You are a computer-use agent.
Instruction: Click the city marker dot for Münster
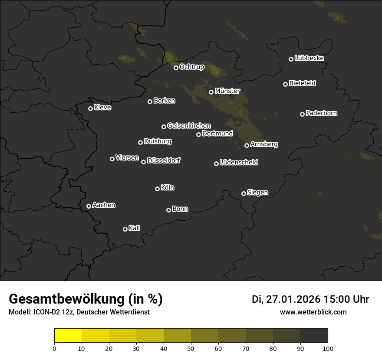pyautogui.click(x=211, y=92)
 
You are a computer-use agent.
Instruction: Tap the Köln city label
pyautogui.click(x=168, y=188)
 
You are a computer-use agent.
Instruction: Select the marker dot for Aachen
pyautogui.click(x=89, y=206)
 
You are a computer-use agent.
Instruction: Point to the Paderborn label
pyautogui.click(x=321, y=113)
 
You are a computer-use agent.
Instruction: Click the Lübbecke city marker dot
pyautogui.click(x=291, y=59)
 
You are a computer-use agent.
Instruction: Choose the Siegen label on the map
pyautogui.click(x=257, y=193)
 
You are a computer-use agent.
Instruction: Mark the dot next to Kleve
pyautogui.click(x=91, y=108)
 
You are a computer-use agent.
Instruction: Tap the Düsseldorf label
pyautogui.click(x=164, y=160)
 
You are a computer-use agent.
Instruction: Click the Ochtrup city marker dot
pyautogui.click(x=176, y=68)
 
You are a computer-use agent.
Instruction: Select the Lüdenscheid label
pyautogui.click(x=239, y=163)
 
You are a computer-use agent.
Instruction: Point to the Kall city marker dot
pyautogui.click(x=125, y=229)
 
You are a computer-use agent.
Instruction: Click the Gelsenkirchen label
pyautogui.click(x=189, y=126)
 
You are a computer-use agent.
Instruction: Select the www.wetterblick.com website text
pyautogui.click(x=313, y=312)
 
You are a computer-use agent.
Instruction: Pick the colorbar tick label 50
pyautogui.click(x=191, y=348)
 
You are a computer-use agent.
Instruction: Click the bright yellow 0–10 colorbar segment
pyautogui.click(x=68, y=336)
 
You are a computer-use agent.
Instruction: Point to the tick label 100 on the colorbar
pyautogui.click(x=328, y=348)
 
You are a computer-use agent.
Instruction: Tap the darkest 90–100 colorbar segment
pyautogui.click(x=314, y=336)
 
